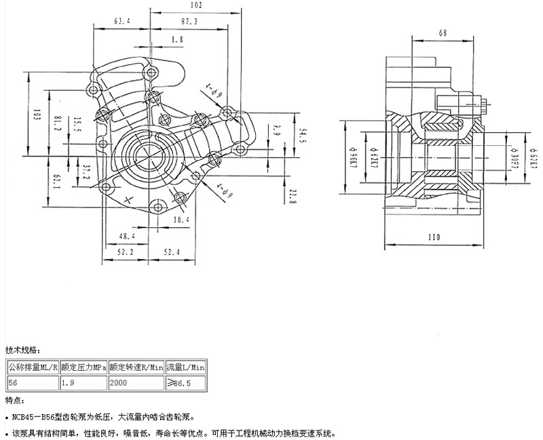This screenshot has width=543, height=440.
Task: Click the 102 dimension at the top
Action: [195, 5]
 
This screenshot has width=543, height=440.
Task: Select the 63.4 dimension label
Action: [122, 21]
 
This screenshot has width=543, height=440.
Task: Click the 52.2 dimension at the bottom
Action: [124, 252]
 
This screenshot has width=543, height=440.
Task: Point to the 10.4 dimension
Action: [181, 220]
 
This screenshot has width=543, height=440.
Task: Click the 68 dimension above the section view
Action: [443, 33]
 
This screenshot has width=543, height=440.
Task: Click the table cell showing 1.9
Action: [83, 383]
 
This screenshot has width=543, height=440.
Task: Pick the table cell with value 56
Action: [33, 383]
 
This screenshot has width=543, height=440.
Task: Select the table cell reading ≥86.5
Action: [186, 383]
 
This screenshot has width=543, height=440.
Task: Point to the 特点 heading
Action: [14, 400]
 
